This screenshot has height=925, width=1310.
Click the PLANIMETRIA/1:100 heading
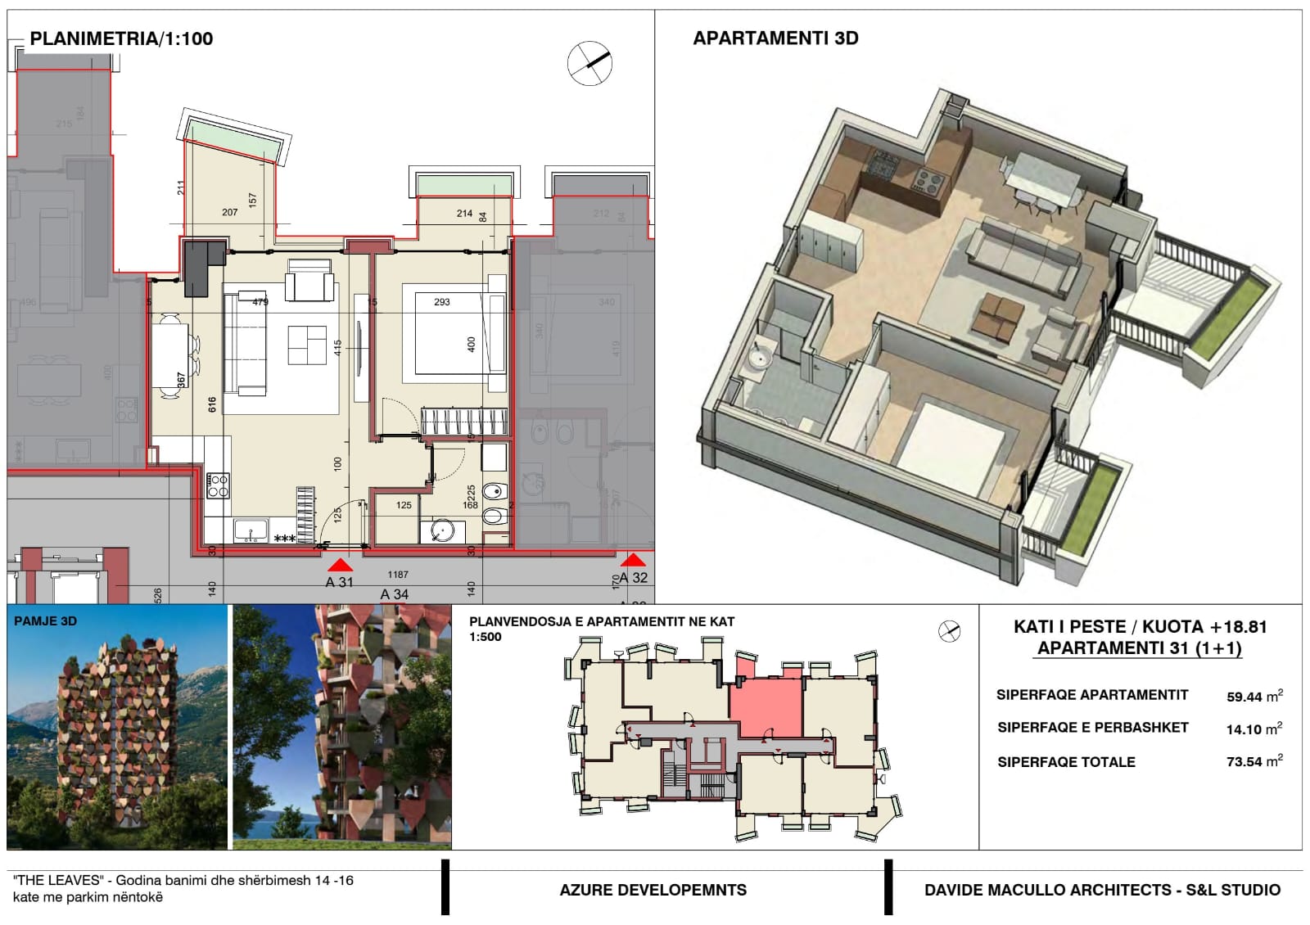121,38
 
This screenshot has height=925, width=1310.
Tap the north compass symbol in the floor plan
589,63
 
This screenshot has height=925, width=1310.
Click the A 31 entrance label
339,582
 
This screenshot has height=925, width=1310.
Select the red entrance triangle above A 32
632,561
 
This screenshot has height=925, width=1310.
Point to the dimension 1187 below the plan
398,575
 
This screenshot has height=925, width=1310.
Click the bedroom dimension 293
442,302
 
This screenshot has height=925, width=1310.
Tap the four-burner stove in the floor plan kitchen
218,486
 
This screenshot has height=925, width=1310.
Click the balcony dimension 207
229,212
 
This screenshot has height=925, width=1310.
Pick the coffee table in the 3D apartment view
996,316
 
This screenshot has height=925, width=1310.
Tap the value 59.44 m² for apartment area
1254,697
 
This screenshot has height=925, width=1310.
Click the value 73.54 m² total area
1254,761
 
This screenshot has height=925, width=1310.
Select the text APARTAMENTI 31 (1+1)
1140,648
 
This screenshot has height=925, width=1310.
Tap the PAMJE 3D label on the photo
45,621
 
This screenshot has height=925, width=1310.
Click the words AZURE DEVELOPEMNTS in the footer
653,890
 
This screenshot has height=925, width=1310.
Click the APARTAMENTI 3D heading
775,38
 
